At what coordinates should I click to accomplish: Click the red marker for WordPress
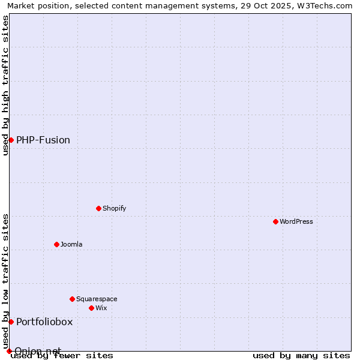(x=275, y=221)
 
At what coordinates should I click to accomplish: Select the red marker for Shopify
(x=98, y=208)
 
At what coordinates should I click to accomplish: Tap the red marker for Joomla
(x=56, y=244)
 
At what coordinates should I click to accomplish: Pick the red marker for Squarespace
(x=72, y=299)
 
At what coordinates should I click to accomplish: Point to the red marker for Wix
(x=91, y=308)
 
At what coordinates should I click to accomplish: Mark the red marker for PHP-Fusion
(x=11, y=140)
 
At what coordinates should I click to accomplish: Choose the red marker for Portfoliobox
(x=11, y=322)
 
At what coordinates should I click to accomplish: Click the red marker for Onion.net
(x=9, y=351)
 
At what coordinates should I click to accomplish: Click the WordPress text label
(x=296, y=221)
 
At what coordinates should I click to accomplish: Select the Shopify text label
(x=114, y=208)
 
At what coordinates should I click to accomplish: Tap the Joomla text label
(x=71, y=244)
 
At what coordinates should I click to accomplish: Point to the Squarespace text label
(x=97, y=299)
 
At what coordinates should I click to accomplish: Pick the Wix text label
(x=101, y=308)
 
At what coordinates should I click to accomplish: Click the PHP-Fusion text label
(x=43, y=140)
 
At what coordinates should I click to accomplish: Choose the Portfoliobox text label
(x=44, y=322)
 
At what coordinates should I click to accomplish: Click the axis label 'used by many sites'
(x=301, y=355)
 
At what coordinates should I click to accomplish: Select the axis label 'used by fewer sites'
(x=62, y=355)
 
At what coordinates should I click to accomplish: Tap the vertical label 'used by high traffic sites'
(x=5, y=85)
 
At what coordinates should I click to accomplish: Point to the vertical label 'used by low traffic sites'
(x=5, y=281)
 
